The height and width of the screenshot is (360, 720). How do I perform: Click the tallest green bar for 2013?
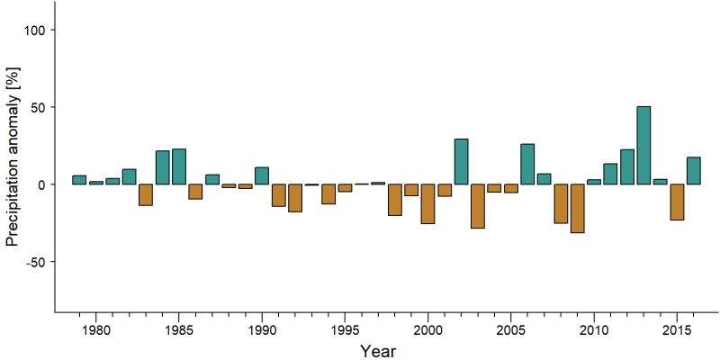coord(643,145)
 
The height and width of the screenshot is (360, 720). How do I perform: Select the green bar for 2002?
coord(461,162)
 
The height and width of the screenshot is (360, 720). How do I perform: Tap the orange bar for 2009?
coord(577,209)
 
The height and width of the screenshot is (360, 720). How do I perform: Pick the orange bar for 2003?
coord(478,206)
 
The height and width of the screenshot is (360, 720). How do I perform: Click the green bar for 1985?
coord(179,166)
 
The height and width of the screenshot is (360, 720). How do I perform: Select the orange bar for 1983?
coord(146,194)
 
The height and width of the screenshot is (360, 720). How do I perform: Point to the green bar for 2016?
coord(693,171)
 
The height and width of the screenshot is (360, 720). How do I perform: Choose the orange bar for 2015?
coord(677,202)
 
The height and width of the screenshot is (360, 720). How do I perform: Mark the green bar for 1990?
coord(262,175)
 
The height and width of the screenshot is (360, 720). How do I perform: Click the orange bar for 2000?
coord(428,204)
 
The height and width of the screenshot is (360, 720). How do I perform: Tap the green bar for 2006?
coord(527,164)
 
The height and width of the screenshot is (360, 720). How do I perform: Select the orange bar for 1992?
coord(295,198)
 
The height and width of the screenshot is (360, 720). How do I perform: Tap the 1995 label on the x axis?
coord(345,331)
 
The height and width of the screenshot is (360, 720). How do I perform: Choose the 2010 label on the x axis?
coord(594,331)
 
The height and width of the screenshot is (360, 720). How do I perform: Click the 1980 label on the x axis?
coord(96,331)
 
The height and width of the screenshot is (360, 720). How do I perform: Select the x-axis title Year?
coord(378,351)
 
